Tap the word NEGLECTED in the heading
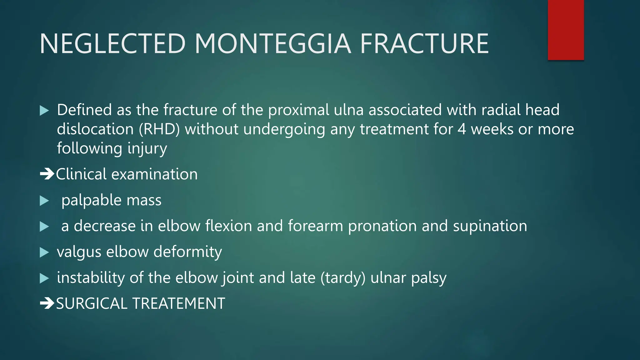pos(113,44)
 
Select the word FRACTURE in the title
pos(424,44)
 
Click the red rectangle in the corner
pos(566,30)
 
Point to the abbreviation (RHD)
pos(159,129)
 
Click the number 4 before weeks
pos(462,129)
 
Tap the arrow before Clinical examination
pos(47,174)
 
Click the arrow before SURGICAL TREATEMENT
pos(47,303)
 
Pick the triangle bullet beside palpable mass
pos(44,201)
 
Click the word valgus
pos(79,252)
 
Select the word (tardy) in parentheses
pos(343,278)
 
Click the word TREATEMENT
pos(179,303)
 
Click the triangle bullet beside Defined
pos(44,111)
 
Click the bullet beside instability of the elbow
pos(44,278)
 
